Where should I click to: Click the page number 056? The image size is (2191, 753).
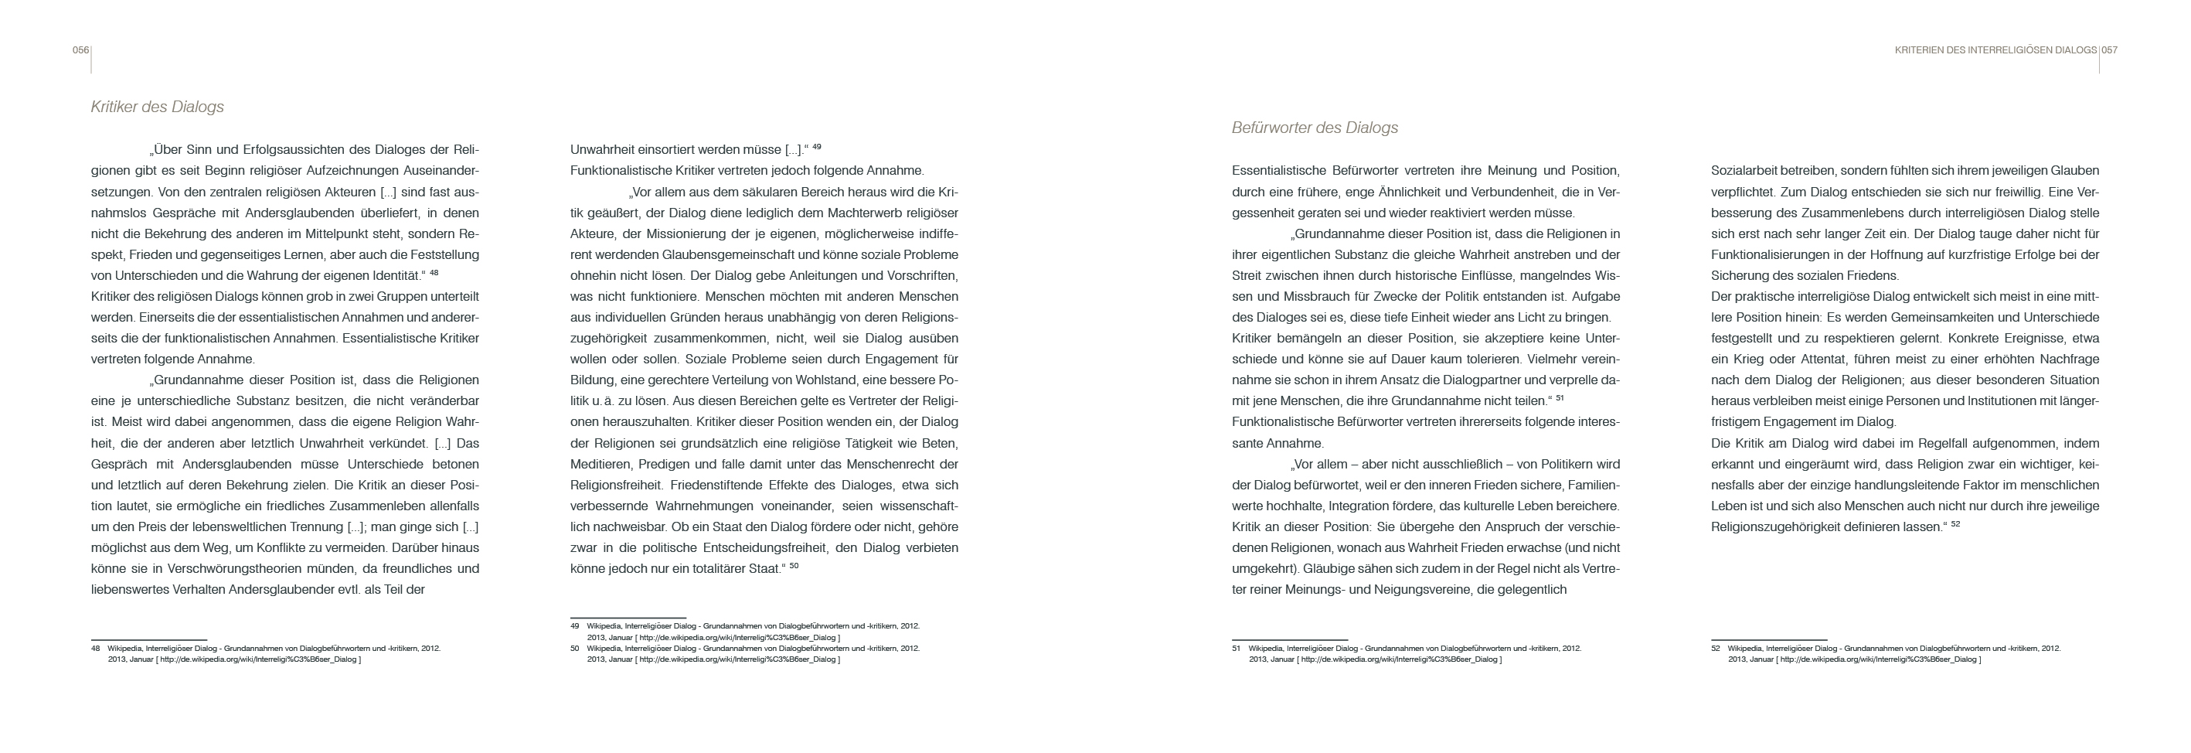(81, 50)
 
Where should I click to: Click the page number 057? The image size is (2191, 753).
(2109, 50)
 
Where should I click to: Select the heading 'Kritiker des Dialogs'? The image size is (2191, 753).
(158, 107)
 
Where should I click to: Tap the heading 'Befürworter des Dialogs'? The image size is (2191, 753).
(1315, 128)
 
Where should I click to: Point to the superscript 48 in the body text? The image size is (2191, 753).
(434, 273)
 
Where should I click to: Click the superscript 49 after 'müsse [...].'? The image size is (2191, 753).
(817, 147)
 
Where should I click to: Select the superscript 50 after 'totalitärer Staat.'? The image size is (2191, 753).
(794, 566)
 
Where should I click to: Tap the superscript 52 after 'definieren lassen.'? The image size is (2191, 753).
(1955, 524)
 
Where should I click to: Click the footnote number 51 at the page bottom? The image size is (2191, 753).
(1236, 649)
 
